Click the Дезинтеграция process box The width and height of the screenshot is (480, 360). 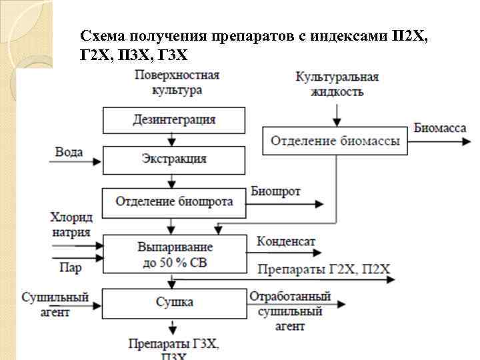tap(174, 120)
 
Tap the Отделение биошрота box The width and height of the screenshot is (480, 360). tap(174, 201)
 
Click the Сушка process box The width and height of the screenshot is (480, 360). tap(174, 302)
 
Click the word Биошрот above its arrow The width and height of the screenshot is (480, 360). tap(275, 192)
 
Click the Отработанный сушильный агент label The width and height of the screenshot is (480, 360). tap(289, 311)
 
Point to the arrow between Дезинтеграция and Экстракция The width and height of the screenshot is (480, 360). tap(173, 140)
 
